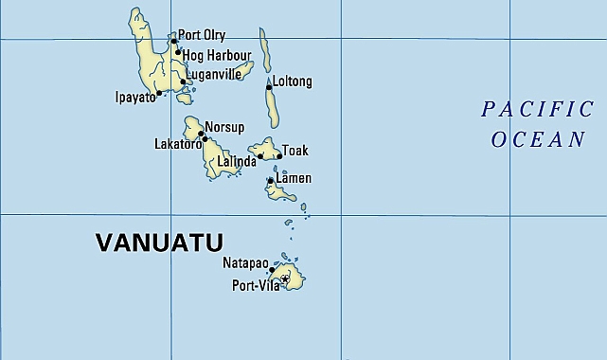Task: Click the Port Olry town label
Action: point(200,36)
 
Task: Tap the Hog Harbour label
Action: point(217,55)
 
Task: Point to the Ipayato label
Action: point(134,97)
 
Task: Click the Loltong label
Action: point(292,81)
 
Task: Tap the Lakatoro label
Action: point(178,145)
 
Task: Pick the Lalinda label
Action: point(237,162)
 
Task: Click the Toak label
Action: point(295,151)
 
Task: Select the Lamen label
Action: point(294,178)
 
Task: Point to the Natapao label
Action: point(245,262)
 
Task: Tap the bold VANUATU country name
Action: point(159,242)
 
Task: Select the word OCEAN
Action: point(538,140)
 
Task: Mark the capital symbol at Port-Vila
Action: point(285,279)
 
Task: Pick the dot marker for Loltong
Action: point(269,87)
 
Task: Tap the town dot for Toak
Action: point(279,156)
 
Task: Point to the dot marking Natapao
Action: point(272,269)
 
